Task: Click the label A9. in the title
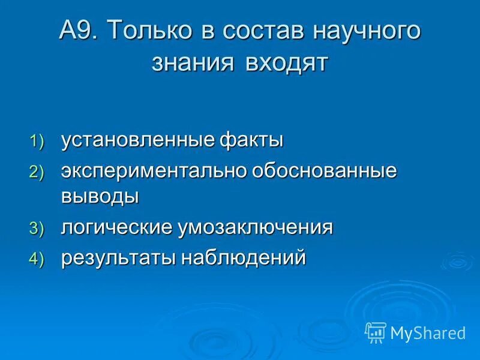click(80, 31)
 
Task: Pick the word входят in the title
click(286, 62)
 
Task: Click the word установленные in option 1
click(137, 141)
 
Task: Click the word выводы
click(100, 197)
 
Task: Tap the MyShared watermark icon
click(376, 332)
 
